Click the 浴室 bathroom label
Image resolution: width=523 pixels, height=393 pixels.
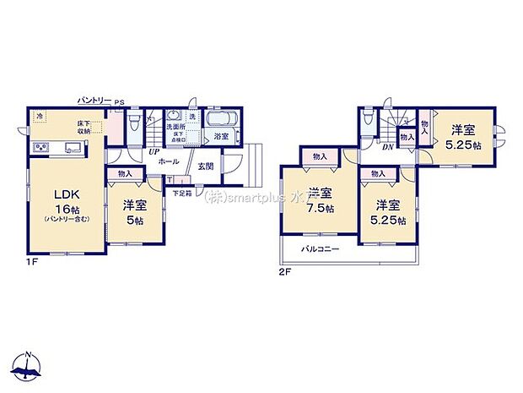click(x=222, y=136)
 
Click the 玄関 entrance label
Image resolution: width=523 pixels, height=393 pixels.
click(x=206, y=166)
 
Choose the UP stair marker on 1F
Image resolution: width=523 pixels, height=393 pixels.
click(x=154, y=151)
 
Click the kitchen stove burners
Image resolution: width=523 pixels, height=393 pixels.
click(x=40, y=149)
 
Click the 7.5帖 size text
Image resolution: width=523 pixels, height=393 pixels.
click(x=320, y=208)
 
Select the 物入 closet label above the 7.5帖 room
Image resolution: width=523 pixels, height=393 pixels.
click(x=320, y=156)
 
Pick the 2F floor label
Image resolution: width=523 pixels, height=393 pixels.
click(x=286, y=273)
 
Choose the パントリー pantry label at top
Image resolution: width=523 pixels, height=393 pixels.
click(x=94, y=100)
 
